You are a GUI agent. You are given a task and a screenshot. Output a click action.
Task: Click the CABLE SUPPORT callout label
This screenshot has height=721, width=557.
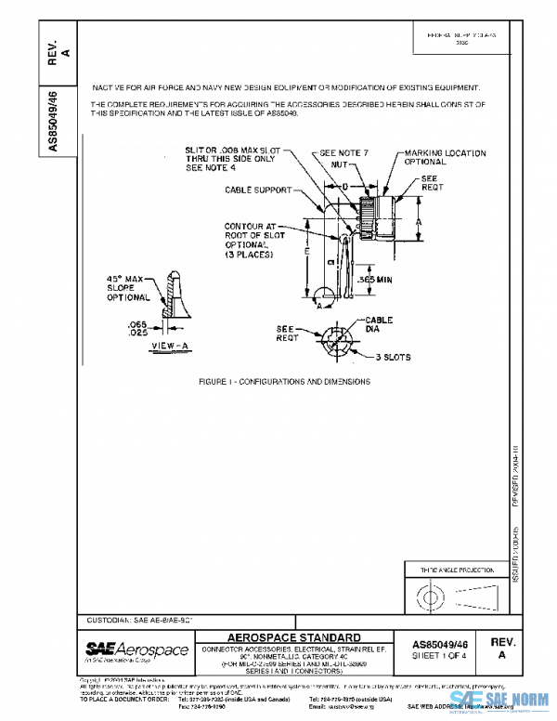point(258,190)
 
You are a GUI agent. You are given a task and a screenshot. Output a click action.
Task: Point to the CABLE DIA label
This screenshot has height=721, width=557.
point(379,323)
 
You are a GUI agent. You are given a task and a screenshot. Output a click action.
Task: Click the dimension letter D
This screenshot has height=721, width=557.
point(345,187)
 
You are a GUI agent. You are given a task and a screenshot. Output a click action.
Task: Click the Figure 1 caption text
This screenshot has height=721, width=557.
point(285,382)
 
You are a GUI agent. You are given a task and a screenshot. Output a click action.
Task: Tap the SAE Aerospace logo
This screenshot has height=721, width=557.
point(136,649)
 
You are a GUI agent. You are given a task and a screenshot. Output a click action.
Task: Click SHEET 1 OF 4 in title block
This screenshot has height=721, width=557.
point(439,655)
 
